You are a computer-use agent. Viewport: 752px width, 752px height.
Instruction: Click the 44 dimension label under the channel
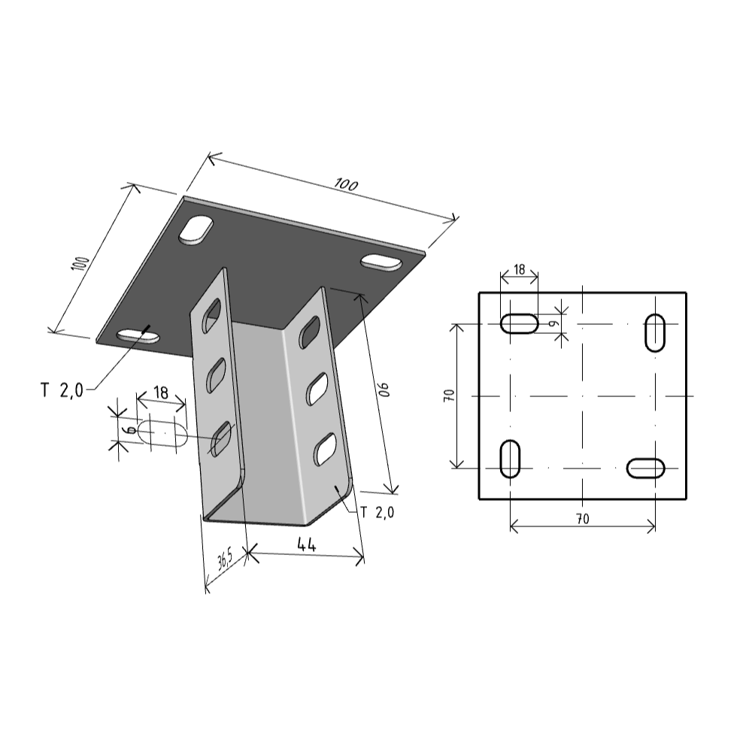tap(307, 544)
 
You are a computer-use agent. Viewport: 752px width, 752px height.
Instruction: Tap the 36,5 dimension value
tap(225, 559)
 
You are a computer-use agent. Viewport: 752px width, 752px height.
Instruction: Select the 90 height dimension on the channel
tap(384, 390)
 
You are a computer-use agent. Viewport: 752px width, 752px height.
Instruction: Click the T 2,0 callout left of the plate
tap(62, 390)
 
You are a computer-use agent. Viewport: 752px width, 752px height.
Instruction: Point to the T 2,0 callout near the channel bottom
tap(378, 513)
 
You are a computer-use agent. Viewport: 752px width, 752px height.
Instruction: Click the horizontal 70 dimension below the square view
tap(583, 519)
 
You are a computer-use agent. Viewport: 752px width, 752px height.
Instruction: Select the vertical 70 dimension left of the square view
tap(450, 396)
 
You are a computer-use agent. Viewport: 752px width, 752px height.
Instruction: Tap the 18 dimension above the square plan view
tap(520, 269)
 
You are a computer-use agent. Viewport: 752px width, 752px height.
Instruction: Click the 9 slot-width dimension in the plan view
tap(554, 323)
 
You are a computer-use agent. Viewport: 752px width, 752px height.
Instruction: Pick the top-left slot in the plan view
tap(519, 323)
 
